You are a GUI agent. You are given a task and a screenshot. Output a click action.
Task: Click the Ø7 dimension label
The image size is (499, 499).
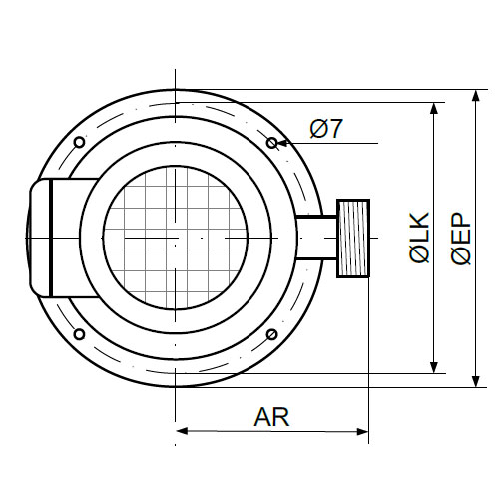[x=325, y=129]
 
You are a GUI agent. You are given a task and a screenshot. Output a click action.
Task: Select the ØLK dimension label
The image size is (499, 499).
[x=419, y=238]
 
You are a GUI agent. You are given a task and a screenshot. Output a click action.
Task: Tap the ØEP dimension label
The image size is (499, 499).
[x=461, y=239]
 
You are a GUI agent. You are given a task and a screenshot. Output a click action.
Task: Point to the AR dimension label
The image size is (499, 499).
[x=271, y=417]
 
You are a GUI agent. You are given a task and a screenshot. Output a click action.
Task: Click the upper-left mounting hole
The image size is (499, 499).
[x=79, y=142]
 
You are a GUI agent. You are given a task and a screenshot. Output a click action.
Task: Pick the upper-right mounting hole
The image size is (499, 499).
[x=271, y=143]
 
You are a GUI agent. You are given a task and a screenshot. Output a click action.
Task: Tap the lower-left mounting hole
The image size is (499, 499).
[x=79, y=334]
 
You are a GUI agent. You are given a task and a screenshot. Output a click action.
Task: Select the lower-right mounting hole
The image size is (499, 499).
[x=271, y=334]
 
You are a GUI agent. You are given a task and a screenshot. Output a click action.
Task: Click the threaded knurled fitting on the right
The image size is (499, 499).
[x=353, y=239]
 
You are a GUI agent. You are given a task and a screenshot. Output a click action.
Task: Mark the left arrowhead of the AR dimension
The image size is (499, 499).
[x=182, y=431]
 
